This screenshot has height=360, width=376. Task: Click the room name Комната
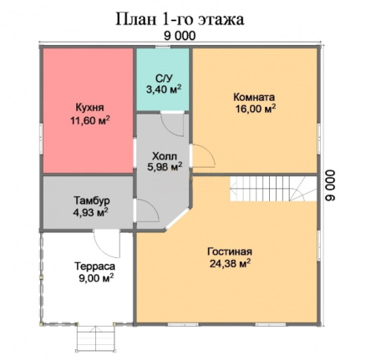click(255, 95)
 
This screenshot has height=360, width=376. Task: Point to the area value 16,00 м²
click(255, 109)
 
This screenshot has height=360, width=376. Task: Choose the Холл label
click(164, 155)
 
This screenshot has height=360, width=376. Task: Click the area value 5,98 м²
click(164, 167)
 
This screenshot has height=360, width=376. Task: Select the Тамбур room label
click(90, 201)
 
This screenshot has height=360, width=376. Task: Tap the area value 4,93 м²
click(90, 214)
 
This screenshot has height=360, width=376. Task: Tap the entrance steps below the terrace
click(94, 340)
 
